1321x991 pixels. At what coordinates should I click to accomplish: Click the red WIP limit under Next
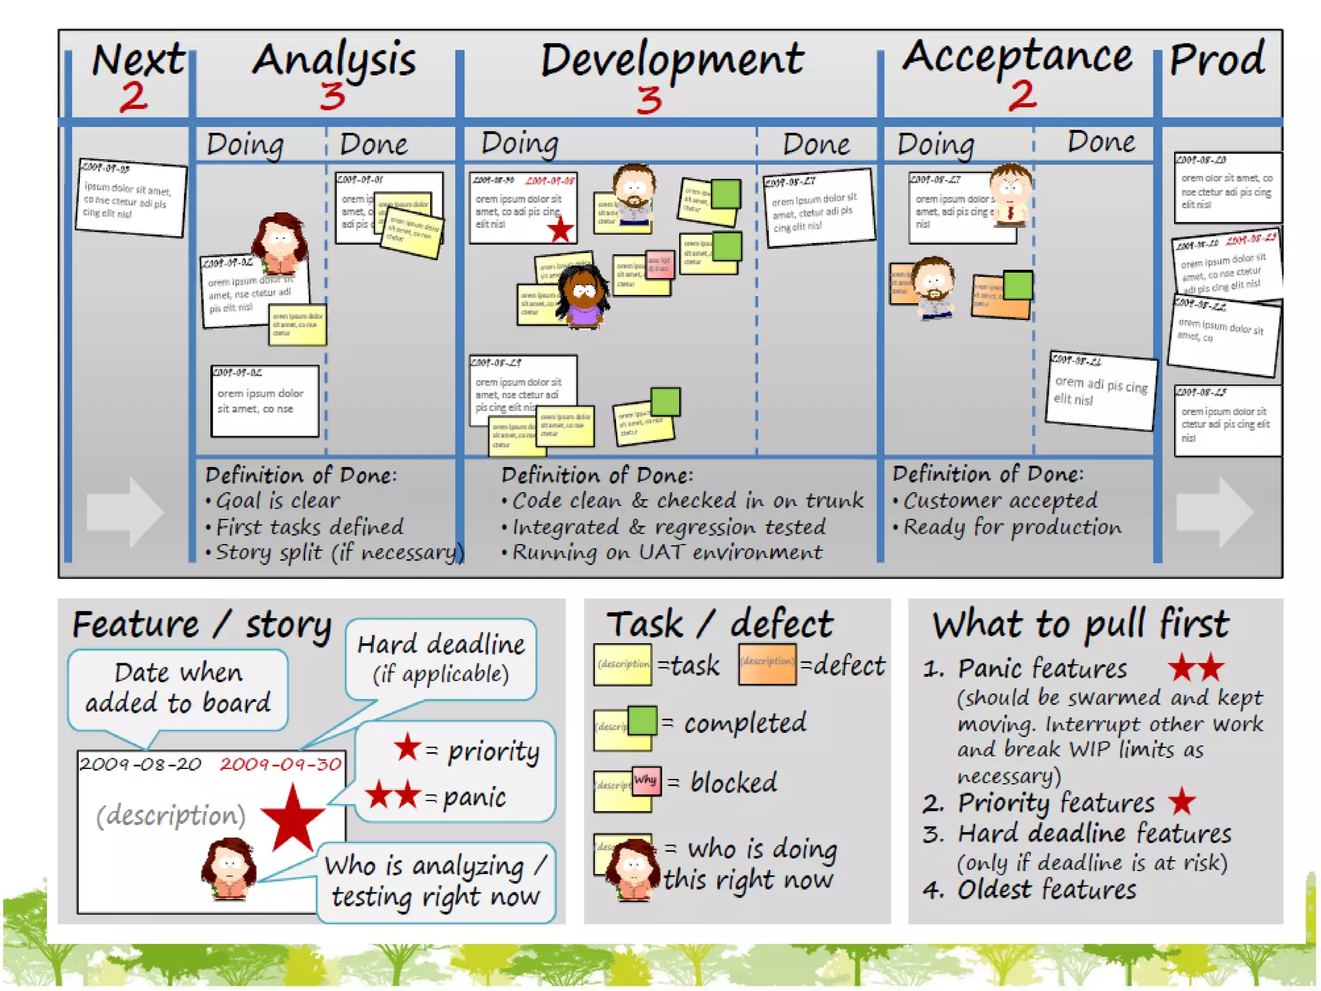point(134,97)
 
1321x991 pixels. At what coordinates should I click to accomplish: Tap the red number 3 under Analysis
point(332,97)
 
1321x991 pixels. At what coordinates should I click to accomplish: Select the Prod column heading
point(1217,59)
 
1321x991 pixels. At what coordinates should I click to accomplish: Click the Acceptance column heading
point(1017,57)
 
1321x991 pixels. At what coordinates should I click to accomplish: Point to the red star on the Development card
point(561,230)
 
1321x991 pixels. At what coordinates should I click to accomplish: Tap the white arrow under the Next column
point(125,512)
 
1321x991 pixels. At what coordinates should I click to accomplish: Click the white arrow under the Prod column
point(1215,512)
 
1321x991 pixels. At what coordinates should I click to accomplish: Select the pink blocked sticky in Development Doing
point(660,265)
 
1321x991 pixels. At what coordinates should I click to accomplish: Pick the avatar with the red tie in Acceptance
point(1010,194)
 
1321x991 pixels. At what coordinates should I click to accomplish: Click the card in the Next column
point(131,197)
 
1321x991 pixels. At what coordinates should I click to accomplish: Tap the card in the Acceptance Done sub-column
point(1100,390)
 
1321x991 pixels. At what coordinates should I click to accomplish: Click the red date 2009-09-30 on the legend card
point(281,765)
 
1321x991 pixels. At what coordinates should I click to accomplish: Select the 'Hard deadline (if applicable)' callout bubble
point(441,659)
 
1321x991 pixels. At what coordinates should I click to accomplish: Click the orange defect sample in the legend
point(767,665)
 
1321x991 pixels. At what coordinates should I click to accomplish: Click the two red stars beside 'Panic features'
point(1196,668)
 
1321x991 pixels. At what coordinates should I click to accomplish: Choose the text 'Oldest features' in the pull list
point(1046,890)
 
